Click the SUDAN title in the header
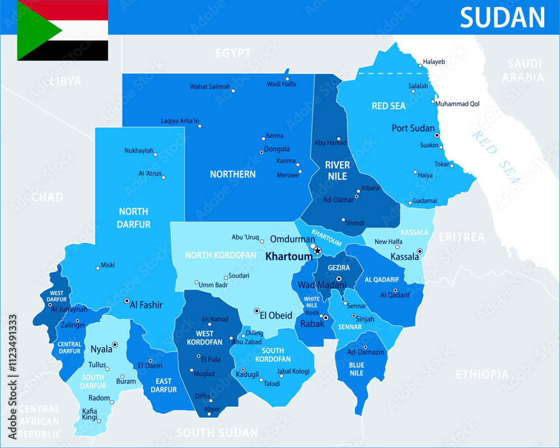(x=502, y=17)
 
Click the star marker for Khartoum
(x=318, y=250)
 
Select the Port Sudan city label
(x=413, y=128)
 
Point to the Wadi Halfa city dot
(x=287, y=79)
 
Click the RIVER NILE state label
(x=337, y=170)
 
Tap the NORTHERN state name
(x=232, y=174)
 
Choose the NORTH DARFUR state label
(x=133, y=218)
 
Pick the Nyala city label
(x=101, y=349)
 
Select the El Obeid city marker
(x=256, y=311)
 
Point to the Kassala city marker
(x=419, y=251)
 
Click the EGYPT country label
(x=233, y=53)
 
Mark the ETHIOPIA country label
(x=482, y=374)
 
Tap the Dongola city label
(x=277, y=149)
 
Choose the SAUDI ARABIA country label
(x=523, y=71)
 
